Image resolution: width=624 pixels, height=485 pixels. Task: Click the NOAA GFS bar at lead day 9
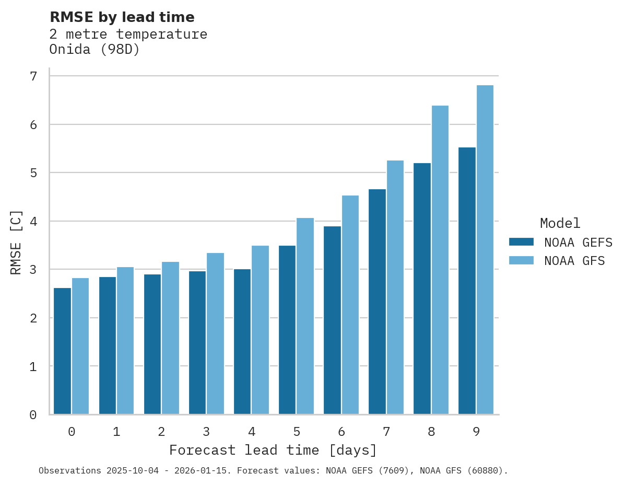[x=485, y=250]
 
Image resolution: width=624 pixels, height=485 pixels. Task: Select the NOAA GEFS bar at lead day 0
[x=62, y=351]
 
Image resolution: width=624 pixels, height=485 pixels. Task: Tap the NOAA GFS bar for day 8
[x=440, y=260]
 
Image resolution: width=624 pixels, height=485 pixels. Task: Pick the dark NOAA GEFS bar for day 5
[x=287, y=330]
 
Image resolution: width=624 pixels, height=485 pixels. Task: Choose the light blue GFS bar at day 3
[x=215, y=333]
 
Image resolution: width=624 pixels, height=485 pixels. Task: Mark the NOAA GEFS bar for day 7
[x=377, y=302]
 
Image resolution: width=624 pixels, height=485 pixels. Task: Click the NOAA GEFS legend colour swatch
[x=521, y=242]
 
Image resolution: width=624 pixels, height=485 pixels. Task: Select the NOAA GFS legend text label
[x=574, y=261]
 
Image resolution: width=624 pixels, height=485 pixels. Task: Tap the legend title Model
[x=560, y=224]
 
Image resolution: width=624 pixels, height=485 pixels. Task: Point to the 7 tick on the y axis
[x=33, y=76]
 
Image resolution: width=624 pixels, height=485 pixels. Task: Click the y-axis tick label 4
[x=33, y=221]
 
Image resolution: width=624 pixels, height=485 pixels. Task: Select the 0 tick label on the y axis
[x=33, y=415]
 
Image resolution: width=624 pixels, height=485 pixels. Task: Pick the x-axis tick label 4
[x=252, y=432]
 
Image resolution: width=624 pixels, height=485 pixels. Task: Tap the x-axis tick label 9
[x=476, y=432]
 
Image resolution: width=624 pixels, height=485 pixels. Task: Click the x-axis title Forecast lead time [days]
[x=273, y=451]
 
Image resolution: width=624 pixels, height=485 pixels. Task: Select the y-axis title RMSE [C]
[x=17, y=242]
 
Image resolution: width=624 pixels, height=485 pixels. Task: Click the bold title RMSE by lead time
[x=122, y=18]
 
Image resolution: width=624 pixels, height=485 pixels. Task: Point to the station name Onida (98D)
[x=95, y=50]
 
